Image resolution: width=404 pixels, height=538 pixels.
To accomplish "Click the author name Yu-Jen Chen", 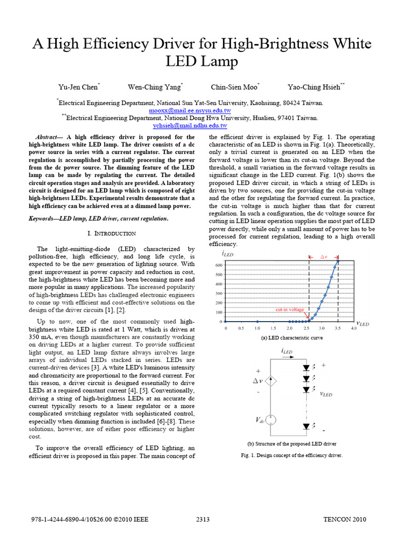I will pos(78,87).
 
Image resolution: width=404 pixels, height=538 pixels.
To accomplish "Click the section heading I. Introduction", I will pos(111,233).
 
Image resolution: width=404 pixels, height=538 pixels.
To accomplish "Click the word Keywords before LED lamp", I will pos(42,218).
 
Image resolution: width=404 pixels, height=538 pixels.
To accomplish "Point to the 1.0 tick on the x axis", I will pos(257,328).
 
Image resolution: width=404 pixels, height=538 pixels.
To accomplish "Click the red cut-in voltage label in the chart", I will pos(290,310).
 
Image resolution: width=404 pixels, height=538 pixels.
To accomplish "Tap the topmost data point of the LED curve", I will pos(338,261).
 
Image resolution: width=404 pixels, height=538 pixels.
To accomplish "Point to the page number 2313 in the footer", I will pos(203,520).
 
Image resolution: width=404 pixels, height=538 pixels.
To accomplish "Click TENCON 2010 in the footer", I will pos(344,520).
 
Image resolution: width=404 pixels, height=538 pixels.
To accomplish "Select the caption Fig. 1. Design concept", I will pos(291,455).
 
